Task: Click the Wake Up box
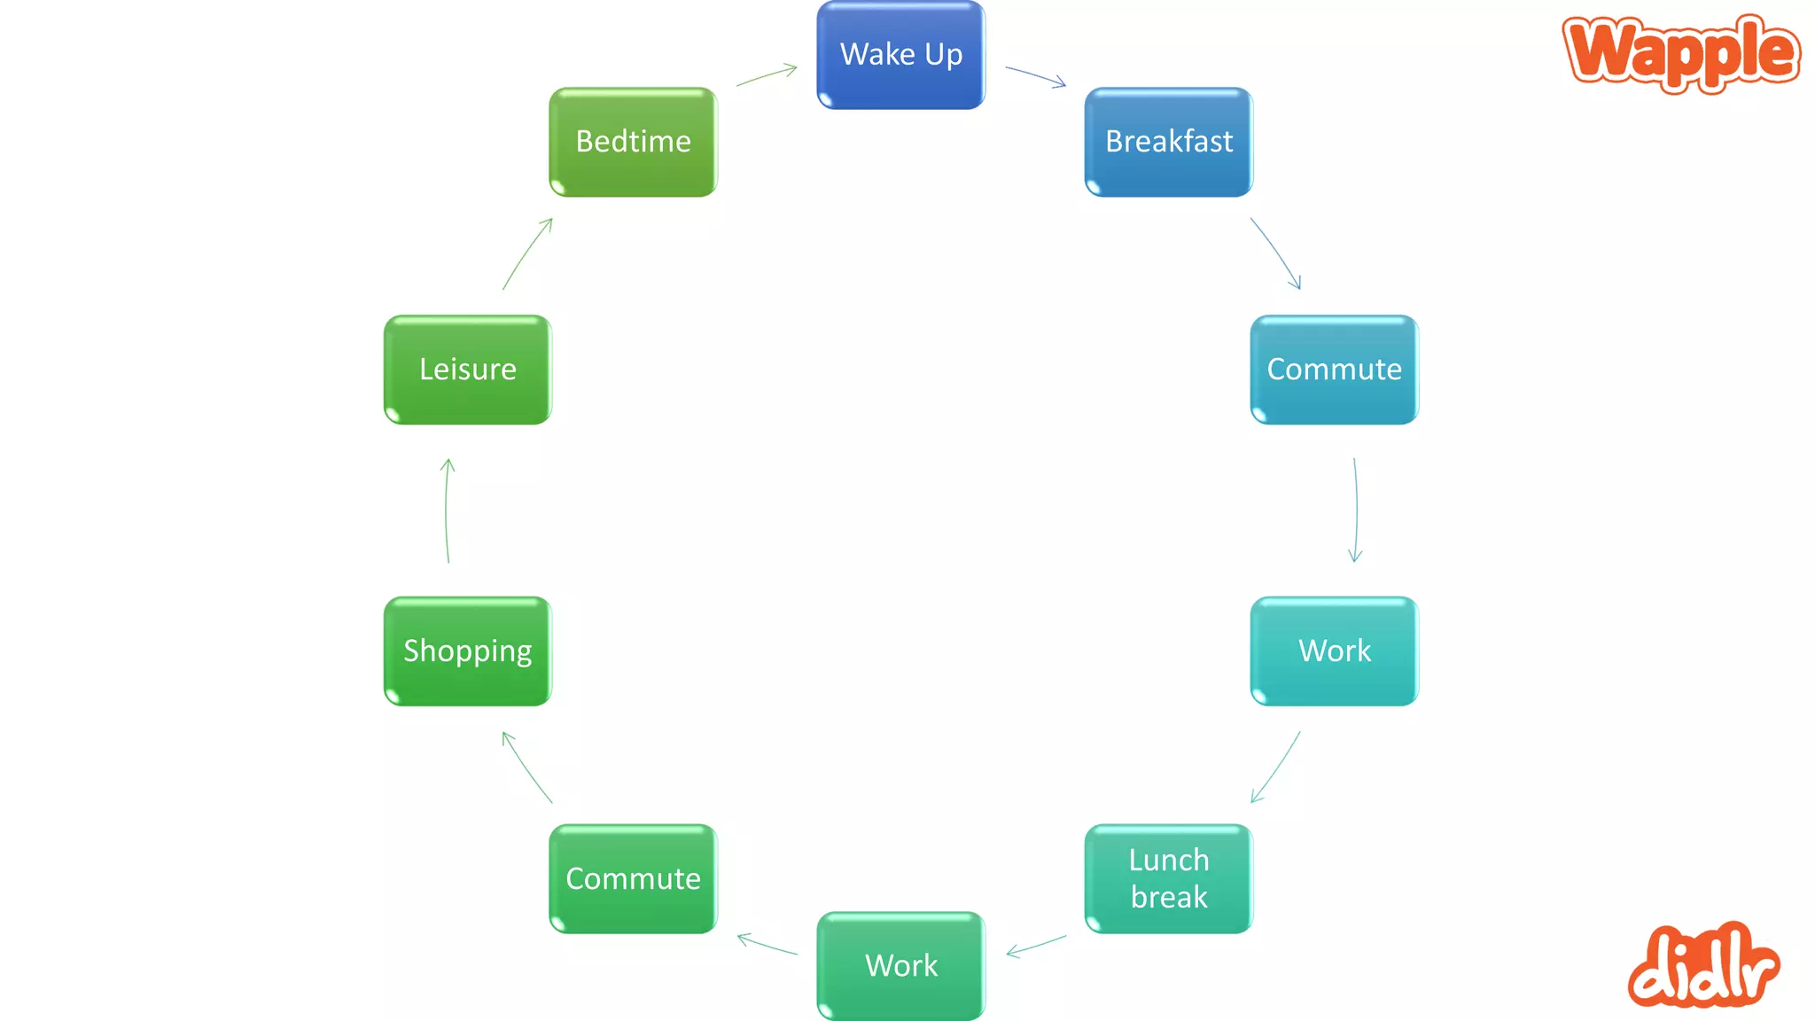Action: pos(900,55)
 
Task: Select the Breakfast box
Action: pos(1168,142)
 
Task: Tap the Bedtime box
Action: pos(633,142)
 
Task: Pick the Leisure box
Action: pos(467,370)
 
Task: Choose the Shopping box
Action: pos(467,651)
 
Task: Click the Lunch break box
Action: pos(1168,878)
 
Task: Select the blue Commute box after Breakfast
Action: pos(1334,370)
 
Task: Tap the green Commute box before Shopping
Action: pos(633,878)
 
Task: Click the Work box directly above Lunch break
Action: pos(1334,651)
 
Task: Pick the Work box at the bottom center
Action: pos(900,965)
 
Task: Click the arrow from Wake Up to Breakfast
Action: pos(1035,75)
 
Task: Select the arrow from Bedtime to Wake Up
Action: pos(767,75)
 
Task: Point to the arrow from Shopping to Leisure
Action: pos(446,510)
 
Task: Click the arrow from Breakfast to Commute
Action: pos(1276,253)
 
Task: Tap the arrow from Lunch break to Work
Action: pos(1036,946)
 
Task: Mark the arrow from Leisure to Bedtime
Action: pos(526,253)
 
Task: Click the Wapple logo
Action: pos(1681,53)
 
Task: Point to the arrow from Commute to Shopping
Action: pos(526,767)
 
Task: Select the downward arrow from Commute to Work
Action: pos(1356,510)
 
